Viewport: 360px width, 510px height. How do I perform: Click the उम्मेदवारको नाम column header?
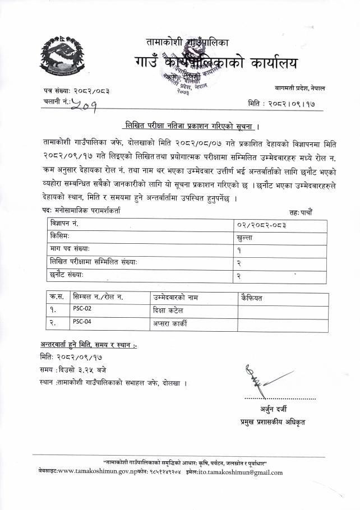(175, 296)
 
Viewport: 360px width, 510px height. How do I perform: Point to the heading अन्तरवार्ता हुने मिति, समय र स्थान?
(89, 344)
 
